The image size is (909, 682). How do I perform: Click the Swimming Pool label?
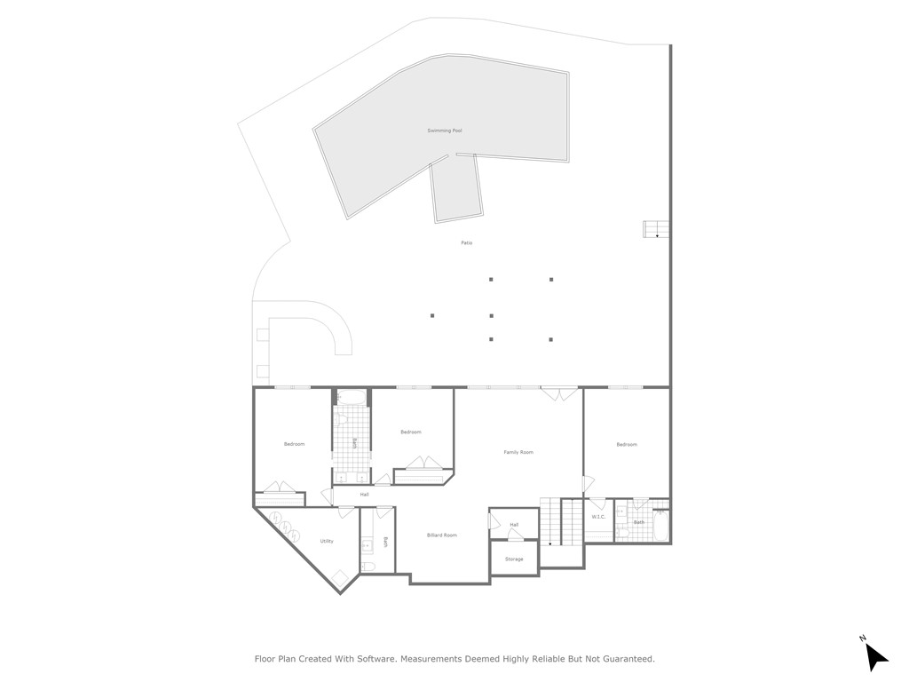tap(444, 131)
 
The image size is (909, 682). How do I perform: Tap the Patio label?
tap(466, 242)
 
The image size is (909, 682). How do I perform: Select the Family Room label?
tap(518, 452)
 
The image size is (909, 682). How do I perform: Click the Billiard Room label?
tap(441, 535)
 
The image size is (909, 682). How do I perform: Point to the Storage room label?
tap(514, 559)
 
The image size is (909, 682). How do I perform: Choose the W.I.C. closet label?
tap(597, 516)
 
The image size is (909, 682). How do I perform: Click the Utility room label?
tap(327, 541)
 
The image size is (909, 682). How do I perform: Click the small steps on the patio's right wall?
tap(655, 229)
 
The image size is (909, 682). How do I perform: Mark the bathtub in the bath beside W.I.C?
tap(660, 526)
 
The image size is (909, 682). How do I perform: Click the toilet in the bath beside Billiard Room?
tap(368, 566)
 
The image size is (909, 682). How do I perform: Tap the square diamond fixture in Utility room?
tap(339, 577)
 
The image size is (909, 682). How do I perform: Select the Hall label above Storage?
tap(514, 525)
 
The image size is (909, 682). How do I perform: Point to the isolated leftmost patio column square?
tap(432, 315)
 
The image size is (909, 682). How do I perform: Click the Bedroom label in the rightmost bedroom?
tap(627, 444)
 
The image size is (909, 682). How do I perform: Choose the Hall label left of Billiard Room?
tap(364, 494)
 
